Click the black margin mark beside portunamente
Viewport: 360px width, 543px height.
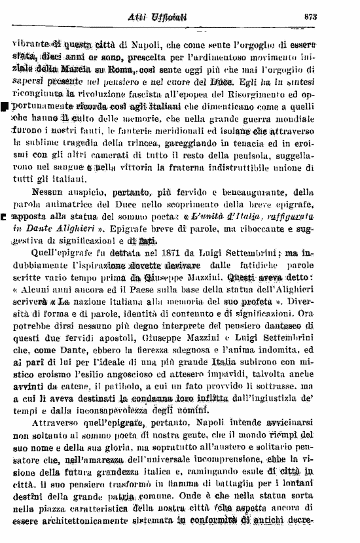(5, 105)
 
